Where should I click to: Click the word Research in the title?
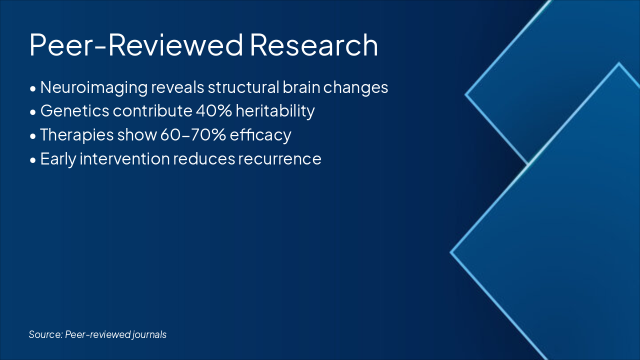coord(314,45)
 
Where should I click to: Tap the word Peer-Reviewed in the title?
coord(136,45)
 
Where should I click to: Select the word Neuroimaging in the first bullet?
coord(94,87)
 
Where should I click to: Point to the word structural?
coord(243,87)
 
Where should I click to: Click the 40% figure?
coord(214,111)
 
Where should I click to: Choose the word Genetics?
coord(75,111)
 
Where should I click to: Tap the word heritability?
coord(275,111)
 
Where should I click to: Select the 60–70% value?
coord(193,135)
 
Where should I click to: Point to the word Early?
coord(58,159)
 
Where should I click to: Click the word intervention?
coord(125,158)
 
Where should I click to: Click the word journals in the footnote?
coord(149,335)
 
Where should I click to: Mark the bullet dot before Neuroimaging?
coord(33,89)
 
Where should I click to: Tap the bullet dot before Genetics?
coord(33,112)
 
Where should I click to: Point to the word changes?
coord(355,87)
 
